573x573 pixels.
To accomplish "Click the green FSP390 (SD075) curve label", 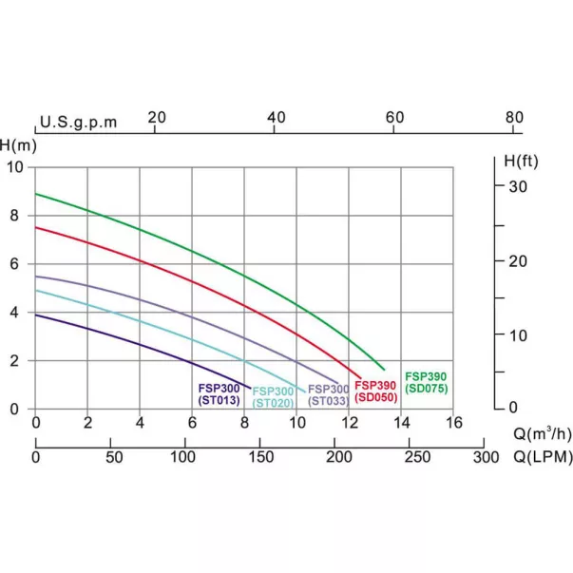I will point(425,382).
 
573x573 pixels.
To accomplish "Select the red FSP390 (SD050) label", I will point(375,391).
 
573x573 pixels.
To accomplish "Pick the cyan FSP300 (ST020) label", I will point(273,396).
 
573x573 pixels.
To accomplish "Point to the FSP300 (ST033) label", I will point(328,394).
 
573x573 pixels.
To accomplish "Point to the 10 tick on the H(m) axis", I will point(14,167).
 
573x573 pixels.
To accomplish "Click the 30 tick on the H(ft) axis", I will point(516,186).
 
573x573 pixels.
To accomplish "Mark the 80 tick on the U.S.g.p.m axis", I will point(514,117).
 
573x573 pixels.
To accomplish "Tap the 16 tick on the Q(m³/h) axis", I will point(453,422).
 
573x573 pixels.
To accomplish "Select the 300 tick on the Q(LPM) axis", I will point(485,457).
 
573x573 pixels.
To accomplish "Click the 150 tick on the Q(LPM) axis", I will point(259,457).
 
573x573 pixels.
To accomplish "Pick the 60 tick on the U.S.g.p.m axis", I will point(394,117).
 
